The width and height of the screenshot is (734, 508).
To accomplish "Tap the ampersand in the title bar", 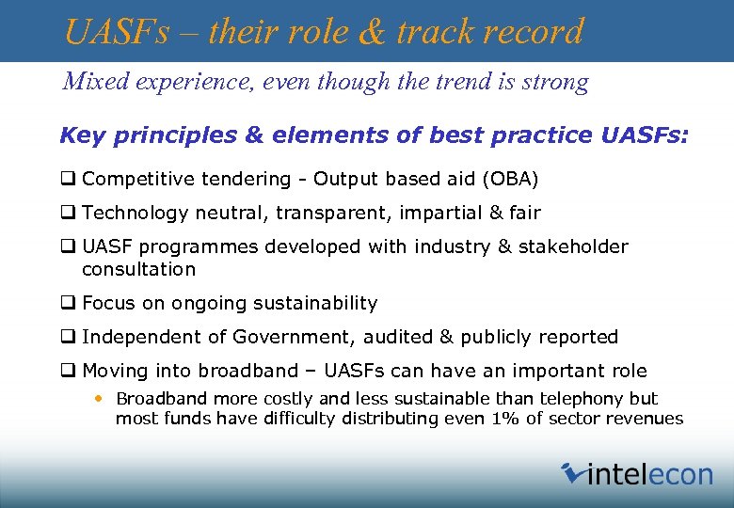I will tap(372, 32).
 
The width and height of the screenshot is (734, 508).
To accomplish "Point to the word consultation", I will tap(138, 269).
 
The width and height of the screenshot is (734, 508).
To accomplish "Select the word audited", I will tap(385, 337).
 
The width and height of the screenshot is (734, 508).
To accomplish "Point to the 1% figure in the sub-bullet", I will tap(505, 419).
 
